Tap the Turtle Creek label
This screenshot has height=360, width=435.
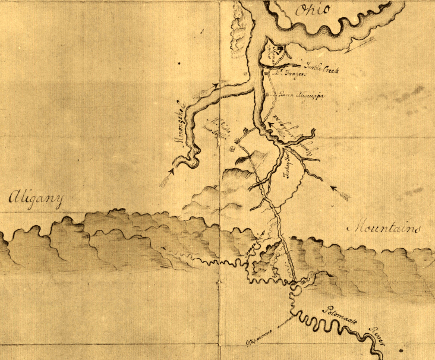[x=321, y=70]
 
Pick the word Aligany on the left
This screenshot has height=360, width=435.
[x=36, y=201]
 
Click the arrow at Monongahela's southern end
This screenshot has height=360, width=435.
[x=168, y=177]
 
